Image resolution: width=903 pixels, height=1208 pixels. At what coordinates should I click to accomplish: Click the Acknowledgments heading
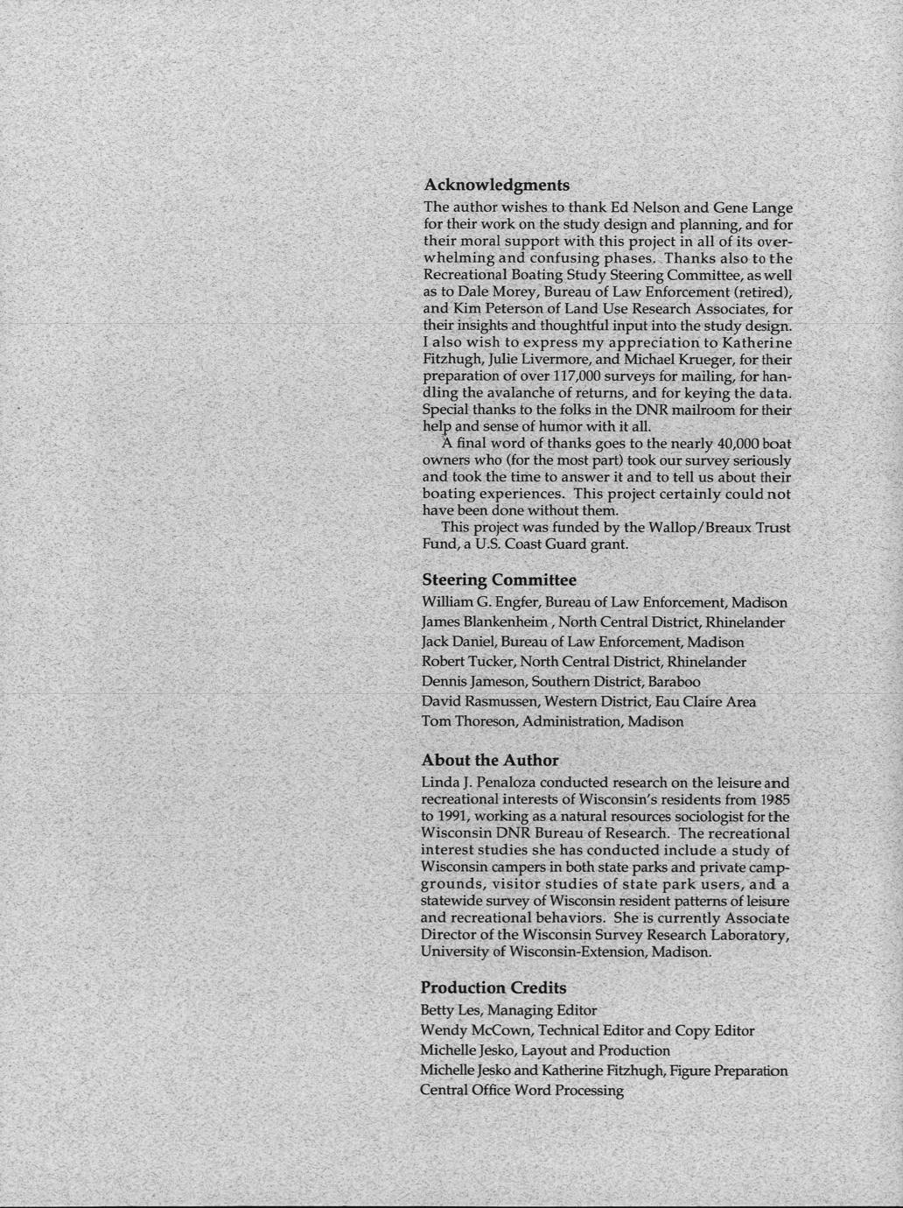pyautogui.click(x=496, y=186)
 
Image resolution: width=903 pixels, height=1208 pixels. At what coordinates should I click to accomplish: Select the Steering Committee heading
pyautogui.click(x=499, y=580)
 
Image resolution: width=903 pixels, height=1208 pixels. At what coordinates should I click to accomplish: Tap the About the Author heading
pyautogui.click(x=490, y=760)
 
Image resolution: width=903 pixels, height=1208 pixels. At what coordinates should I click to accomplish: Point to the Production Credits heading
pyautogui.click(x=493, y=988)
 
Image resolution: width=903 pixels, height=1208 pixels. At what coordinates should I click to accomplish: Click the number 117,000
pyautogui.click(x=562, y=376)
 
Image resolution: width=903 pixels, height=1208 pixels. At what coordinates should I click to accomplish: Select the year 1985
pyautogui.click(x=773, y=799)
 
